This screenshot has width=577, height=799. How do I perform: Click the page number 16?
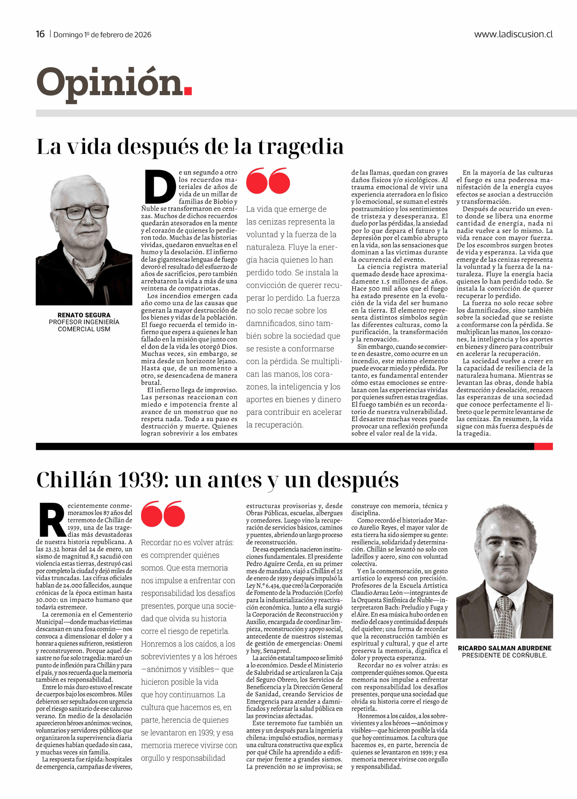coord(40,34)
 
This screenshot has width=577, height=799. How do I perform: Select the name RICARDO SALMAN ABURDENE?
coord(504,648)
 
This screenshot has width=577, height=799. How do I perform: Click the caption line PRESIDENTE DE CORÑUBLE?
coord(504,655)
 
